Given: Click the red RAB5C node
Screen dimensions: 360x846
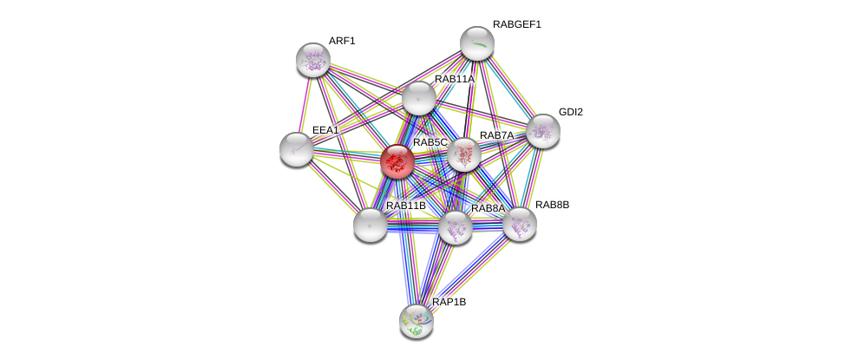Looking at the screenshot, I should (x=397, y=161).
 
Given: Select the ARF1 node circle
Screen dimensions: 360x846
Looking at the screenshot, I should (x=312, y=59).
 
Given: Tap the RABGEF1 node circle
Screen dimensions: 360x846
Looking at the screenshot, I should (x=476, y=43).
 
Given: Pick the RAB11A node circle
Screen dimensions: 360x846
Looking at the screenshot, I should (x=418, y=98).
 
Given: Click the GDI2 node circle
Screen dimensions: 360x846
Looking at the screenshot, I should (x=542, y=131).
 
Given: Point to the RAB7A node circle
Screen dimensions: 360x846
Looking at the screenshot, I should (x=464, y=155).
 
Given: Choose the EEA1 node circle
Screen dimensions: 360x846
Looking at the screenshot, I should (x=297, y=148).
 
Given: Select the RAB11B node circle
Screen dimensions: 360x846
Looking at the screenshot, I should (x=371, y=225).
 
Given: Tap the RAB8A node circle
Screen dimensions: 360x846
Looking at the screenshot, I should (x=455, y=227).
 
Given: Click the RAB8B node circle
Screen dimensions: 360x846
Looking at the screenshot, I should (x=519, y=224).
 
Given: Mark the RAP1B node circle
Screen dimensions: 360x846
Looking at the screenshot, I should (x=416, y=320).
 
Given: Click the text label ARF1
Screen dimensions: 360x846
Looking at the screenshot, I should (x=342, y=41).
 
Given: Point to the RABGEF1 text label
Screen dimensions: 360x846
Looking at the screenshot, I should (x=516, y=24).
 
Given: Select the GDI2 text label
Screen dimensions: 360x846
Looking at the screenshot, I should (x=570, y=112).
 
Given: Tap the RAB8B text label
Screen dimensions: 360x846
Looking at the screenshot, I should (x=552, y=205).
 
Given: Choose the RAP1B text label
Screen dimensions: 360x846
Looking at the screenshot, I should (x=449, y=302).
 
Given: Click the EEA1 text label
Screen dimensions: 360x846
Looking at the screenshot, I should (x=325, y=130).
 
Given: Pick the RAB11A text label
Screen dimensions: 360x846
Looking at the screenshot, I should (x=455, y=79).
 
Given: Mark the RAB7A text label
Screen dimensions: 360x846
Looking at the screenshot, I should (x=497, y=135).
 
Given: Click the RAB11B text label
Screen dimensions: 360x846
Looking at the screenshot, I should (x=406, y=206).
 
